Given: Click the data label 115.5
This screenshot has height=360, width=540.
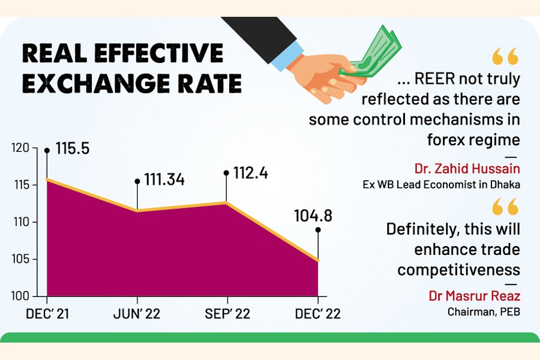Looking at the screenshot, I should click(x=72, y=148).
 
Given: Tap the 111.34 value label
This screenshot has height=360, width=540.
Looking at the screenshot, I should click(x=164, y=179).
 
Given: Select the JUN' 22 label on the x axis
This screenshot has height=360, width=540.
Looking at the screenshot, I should click(x=137, y=314).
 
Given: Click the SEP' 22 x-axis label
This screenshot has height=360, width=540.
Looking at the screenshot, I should click(x=226, y=314).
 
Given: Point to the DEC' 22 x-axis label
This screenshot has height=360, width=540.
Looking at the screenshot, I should click(x=317, y=314).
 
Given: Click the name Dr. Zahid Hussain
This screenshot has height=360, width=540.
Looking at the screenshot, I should click(x=467, y=168).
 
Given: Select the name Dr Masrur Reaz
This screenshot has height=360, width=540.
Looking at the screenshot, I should click(x=474, y=296).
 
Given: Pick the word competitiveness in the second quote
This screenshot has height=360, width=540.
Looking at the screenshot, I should click(x=458, y=269).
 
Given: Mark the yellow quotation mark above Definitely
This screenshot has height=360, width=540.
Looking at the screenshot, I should click(x=505, y=208).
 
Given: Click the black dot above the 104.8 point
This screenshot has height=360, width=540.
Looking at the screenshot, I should click(x=317, y=230).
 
